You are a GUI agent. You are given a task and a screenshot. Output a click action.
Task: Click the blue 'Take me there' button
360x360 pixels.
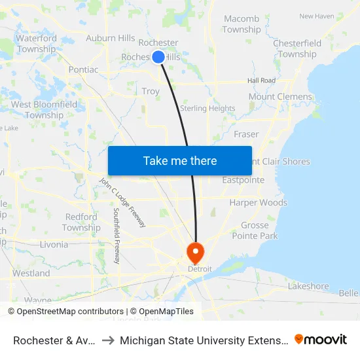coord(180,160)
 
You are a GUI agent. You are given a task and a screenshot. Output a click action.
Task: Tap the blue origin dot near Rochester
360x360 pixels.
coord(158,57)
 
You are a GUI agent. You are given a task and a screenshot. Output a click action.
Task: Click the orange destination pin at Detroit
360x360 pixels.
coord(196,253)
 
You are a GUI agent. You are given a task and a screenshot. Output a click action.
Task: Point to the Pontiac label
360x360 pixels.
coord(83,69)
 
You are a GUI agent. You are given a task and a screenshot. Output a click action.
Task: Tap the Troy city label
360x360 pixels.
coord(151,91)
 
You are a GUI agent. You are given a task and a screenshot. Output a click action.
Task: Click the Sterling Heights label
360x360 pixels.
coord(207,109)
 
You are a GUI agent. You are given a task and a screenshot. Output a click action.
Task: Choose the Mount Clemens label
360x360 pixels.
coord(280,97)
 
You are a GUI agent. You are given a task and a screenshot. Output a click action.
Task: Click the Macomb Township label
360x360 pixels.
coord(242,24)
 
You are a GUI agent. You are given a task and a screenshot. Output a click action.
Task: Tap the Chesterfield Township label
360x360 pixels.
coord(297,48)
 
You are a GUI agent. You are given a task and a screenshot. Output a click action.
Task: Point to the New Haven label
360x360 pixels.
coord(316,16)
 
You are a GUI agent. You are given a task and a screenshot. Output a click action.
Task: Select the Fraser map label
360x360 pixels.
coord(246,134)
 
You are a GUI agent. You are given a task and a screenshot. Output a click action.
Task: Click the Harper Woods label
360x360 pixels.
coord(258,203)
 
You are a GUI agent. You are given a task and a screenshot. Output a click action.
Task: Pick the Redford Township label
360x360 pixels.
coord(81,223)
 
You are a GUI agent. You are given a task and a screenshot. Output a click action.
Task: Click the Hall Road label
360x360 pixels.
coord(261,81)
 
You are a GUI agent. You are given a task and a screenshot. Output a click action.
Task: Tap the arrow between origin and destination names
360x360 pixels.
coord(108,340)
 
